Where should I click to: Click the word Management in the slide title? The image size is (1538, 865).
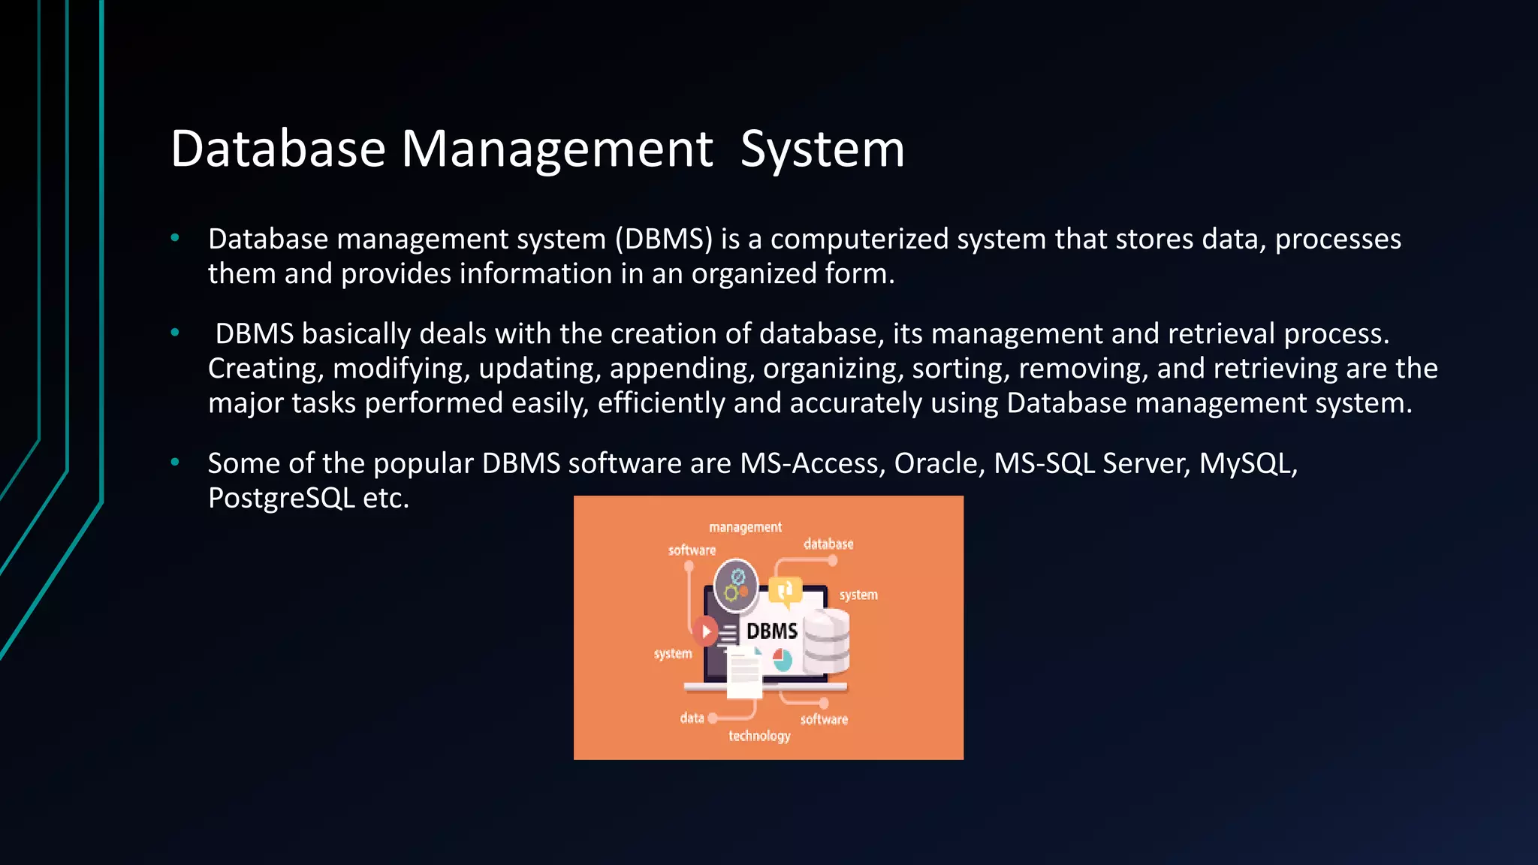[x=556, y=149]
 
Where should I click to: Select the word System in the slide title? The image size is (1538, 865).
[x=822, y=149]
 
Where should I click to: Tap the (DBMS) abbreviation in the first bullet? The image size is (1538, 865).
[x=663, y=239]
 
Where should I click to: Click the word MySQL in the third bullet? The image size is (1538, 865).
[x=1247, y=463]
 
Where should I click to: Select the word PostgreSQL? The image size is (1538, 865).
[x=282, y=498]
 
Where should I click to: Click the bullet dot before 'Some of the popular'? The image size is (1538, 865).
[x=175, y=463]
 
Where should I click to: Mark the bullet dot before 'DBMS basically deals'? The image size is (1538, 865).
[x=175, y=333]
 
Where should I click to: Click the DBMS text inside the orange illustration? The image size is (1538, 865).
[x=771, y=631]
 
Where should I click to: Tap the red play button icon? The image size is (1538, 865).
[x=705, y=631]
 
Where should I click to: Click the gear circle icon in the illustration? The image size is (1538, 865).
[x=736, y=584]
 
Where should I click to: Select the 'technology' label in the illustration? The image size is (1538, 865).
[x=759, y=736]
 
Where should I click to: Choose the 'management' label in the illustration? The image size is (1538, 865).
[x=745, y=528]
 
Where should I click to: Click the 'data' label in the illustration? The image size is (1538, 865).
[x=692, y=719]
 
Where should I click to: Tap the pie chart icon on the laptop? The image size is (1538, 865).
[x=783, y=660]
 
